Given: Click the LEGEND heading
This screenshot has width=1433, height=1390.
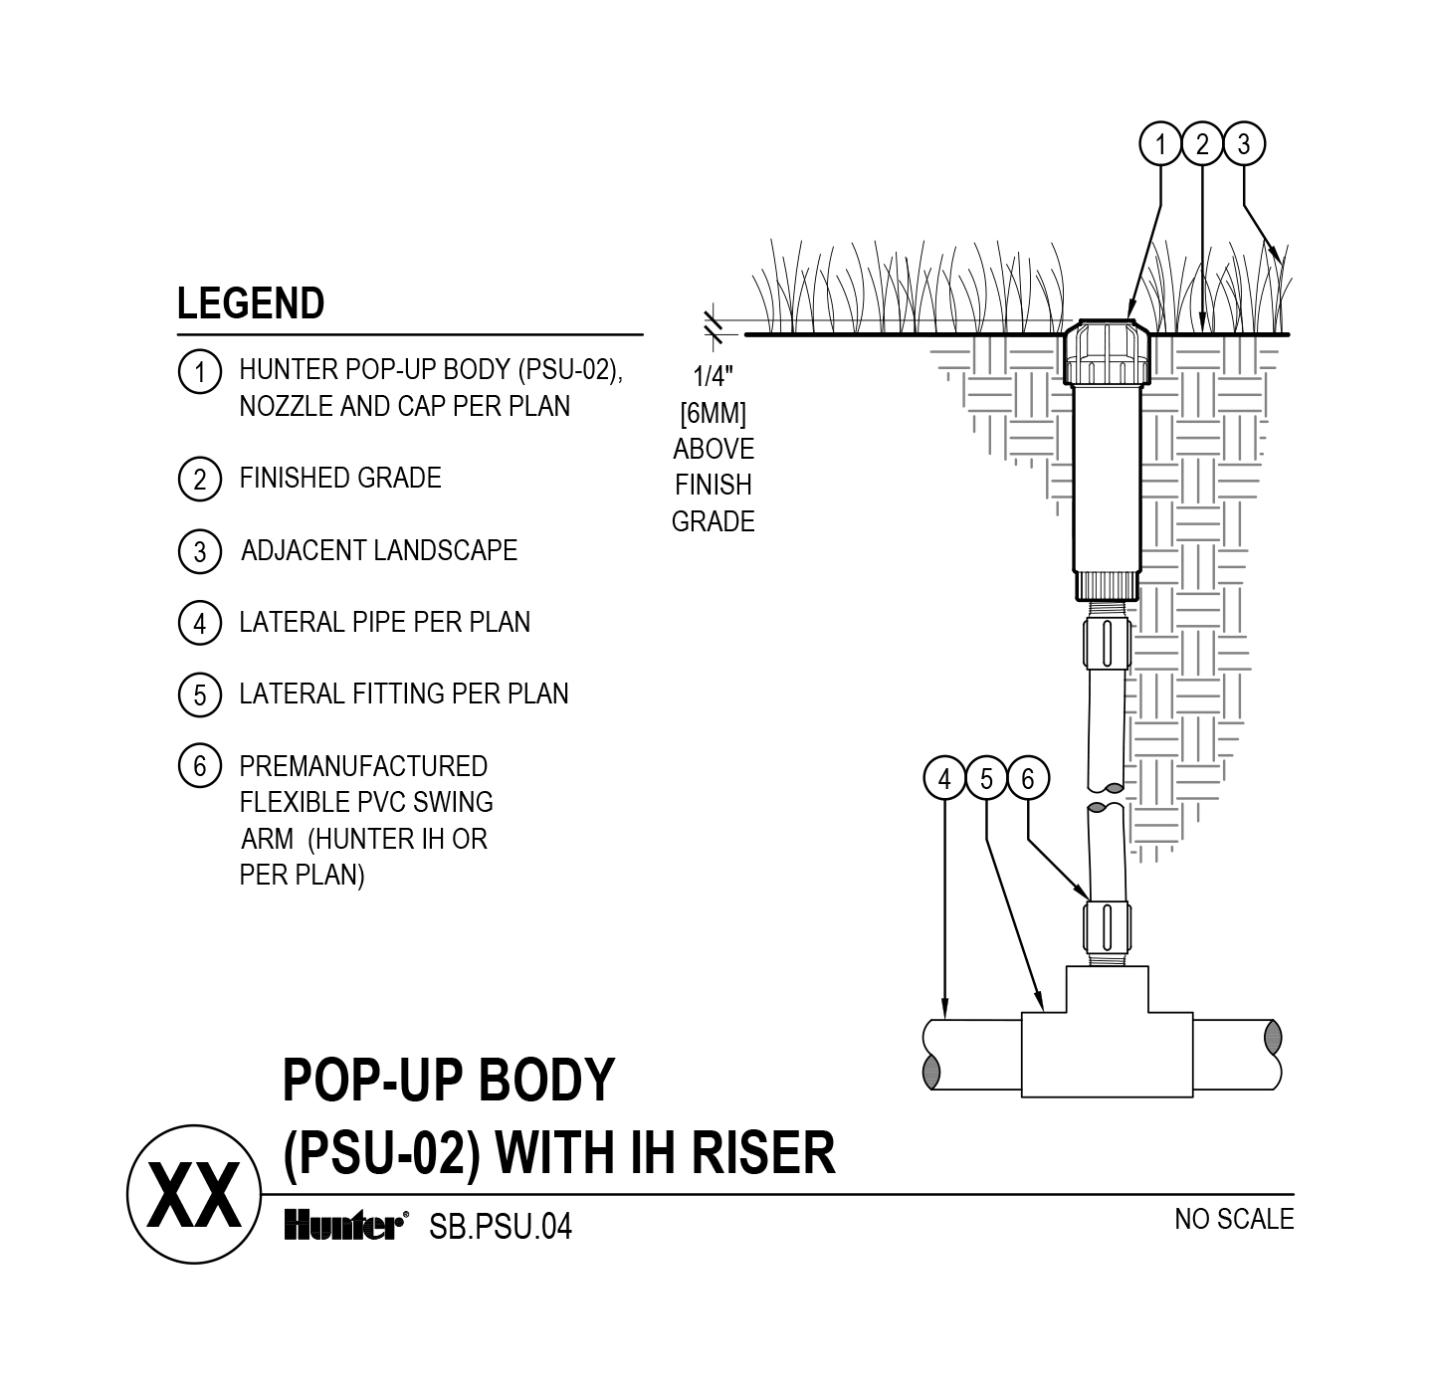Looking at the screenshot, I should (251, 303).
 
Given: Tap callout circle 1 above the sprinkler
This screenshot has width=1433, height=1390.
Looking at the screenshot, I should (1160, 145).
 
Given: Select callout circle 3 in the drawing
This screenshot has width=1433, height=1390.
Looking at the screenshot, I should (1244, 145).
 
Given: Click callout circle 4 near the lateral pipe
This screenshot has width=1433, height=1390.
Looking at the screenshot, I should (944, 779).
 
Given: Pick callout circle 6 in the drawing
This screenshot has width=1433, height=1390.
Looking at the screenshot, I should (1028, 779).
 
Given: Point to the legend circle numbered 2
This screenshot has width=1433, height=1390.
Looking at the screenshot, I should (200, 480).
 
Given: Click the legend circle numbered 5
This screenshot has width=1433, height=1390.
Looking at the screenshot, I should (200, 695).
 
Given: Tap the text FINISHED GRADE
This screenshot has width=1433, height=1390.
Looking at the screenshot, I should (340, 479).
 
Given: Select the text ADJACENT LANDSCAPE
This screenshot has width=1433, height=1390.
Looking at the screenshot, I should (379, 551).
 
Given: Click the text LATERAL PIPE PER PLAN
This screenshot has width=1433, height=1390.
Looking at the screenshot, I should (385, 623).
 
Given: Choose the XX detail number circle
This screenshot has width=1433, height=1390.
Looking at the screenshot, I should (194, 1193).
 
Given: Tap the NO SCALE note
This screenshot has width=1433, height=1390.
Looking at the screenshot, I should (1234, 1219).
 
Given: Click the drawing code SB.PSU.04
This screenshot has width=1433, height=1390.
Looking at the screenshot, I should (501, 1228).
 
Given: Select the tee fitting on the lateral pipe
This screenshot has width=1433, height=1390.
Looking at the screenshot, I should (1107, 1045).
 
